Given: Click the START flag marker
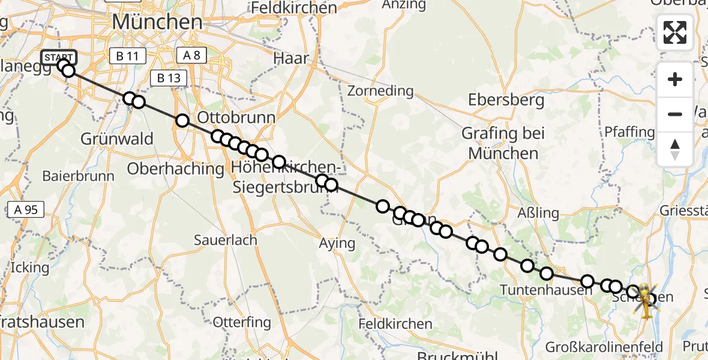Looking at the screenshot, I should click(x=59, y=58).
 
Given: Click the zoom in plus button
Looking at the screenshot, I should click(x=675, y=79).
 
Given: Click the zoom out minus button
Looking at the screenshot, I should click(x=675, y=114).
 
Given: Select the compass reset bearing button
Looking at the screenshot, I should click(x=675, y=149).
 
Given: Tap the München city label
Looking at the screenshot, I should click(x=157, y=23).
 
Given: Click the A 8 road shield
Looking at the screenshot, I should click(x=192, y=56).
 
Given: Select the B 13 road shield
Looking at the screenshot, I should click(x=169, y=77).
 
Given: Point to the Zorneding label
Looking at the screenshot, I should click(x=380, y=91).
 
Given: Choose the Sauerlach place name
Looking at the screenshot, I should click(x=225, y=240).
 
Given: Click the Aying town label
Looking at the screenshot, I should click(x=337, y=243).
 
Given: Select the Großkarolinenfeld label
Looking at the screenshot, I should click(x=604, y=347).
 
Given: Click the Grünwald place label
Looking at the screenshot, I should click(x=124, y=139).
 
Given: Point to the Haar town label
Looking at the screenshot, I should click(x=291, y=59).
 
